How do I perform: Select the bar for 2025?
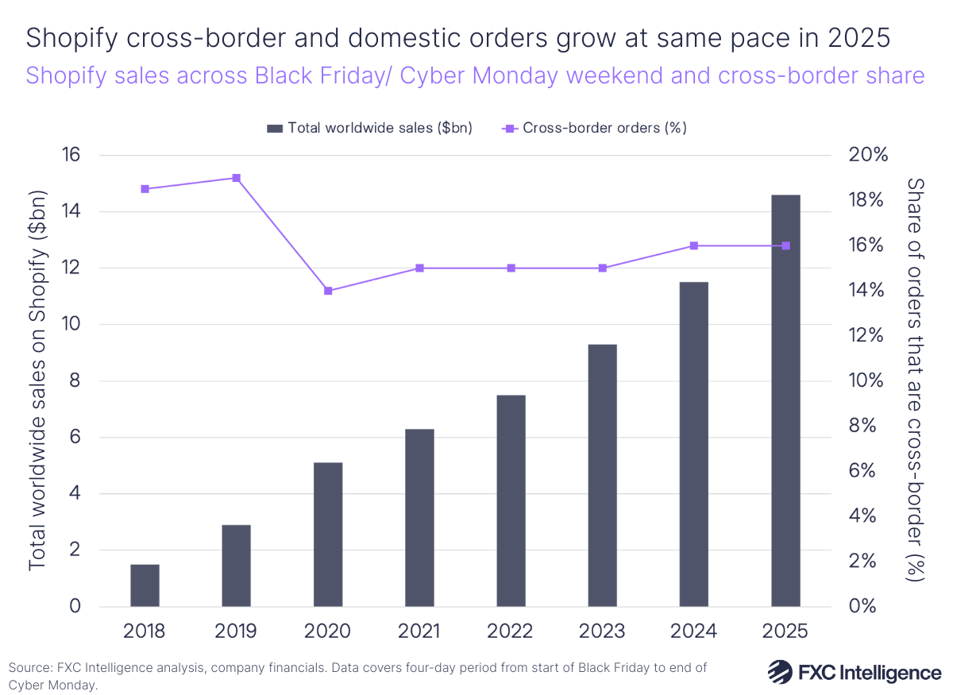click(x=785, y=401)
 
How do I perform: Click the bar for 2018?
click(x=145, y=585)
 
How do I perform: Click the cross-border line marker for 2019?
click(x=236, y=178)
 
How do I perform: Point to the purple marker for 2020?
click(x=328, y=291)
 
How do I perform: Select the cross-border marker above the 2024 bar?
click(x=694, y=245)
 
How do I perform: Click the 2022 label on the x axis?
click(x=511, y=631)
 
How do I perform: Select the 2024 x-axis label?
click(x=694, y=631)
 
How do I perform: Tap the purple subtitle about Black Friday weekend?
click(x=475, y=75)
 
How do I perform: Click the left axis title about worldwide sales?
click(x=38, y=381)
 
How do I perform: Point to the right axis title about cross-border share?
click(x=917, y=381)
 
